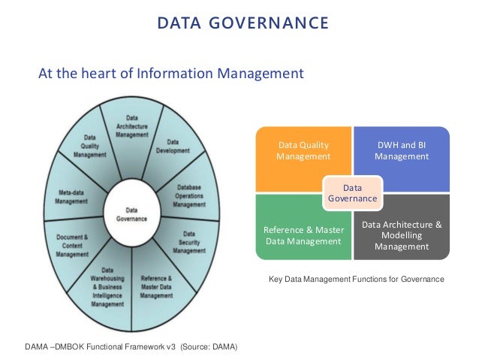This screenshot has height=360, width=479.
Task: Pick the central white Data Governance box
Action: click(x=352, y=192)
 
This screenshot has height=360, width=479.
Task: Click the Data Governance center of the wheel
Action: click(x=131, y=214)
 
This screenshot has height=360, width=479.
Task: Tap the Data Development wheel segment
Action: click(x=173, y=146)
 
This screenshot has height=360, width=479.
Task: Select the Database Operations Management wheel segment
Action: click(x=188, y=195)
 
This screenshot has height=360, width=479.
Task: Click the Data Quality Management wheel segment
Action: click(x=89, y=146)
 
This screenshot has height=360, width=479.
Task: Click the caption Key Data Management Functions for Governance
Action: click(x=357, y=280)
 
